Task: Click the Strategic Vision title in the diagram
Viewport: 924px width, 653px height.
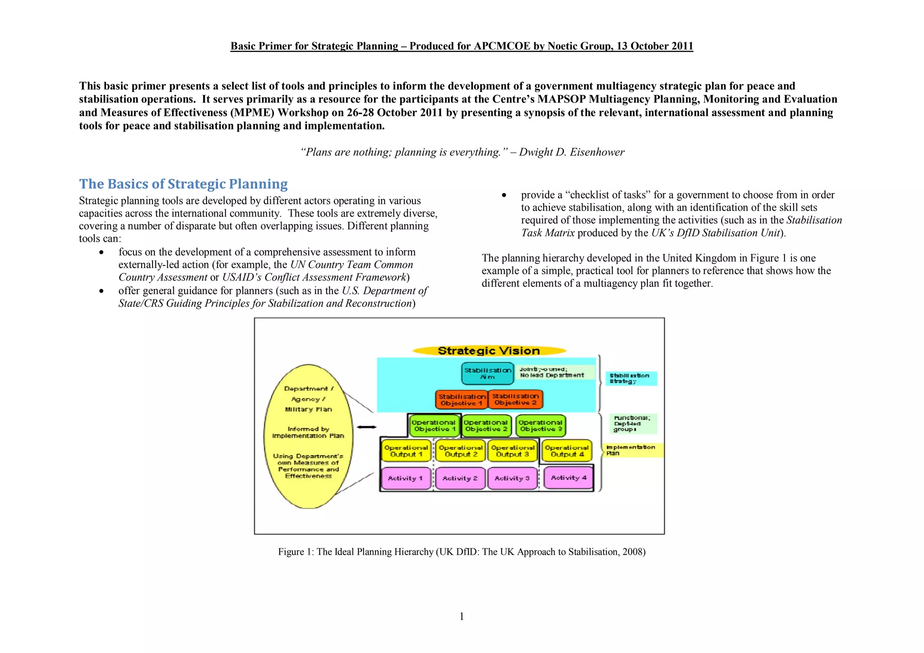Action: click(489, 351)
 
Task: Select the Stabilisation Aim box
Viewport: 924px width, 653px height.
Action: click(487, 373)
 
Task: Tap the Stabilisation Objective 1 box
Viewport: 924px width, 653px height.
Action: click(462, 400)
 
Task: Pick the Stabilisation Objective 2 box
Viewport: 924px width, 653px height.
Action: click(515, 399)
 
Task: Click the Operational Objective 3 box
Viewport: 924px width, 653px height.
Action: click(540, 426)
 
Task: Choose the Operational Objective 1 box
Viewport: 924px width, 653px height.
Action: click(434, 426)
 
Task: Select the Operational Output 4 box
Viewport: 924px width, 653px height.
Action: click(566, 451)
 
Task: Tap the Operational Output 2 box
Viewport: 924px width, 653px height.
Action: click(461, 451)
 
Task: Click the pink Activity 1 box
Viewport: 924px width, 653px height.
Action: click(406, 478)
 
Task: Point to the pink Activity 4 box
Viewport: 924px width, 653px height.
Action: click(568, 478)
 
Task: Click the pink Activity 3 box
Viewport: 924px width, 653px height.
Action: click(512, 478)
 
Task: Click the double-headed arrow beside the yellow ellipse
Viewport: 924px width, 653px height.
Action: click(367, 427)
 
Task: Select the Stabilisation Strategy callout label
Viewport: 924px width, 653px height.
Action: click(630, 378)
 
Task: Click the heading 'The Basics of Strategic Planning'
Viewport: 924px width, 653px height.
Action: click(183, 184)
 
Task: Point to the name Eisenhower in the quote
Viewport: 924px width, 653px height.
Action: click(597, 152)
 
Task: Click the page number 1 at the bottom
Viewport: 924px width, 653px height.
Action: click(462, 616)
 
